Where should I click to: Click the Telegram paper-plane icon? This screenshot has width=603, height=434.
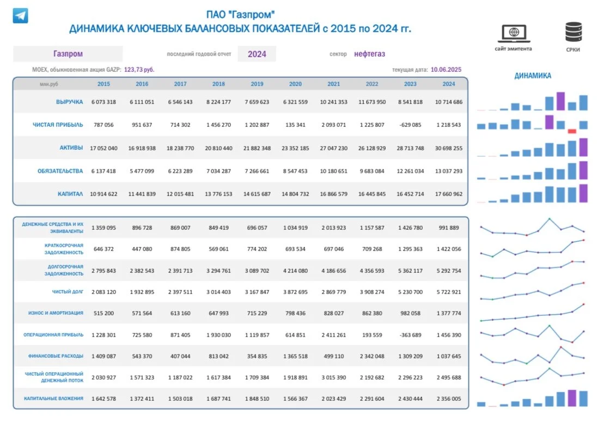[x=20, y=16]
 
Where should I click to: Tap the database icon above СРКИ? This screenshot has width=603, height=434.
[x=574, y=32]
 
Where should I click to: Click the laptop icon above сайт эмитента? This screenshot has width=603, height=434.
[x=514, y=33]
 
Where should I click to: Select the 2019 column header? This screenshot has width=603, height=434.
[x=257, y=84]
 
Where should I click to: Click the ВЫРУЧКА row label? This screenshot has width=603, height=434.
[x=69, y=102]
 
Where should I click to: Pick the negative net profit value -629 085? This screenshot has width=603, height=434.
[x=410, y=125]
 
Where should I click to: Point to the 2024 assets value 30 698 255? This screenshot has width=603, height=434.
[x=448, y=148]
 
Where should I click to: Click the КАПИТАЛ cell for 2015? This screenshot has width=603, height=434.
[x=103, y=194]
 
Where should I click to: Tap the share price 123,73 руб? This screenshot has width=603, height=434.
[x=139, y=70]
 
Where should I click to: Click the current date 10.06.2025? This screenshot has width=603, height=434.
[x=446, y=70]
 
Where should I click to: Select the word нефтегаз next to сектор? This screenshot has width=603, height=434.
[x=369, y=54]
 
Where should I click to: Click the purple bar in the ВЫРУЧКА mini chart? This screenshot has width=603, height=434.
[x=561, y=101]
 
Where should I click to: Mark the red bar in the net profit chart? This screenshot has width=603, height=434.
[x=572, y=131]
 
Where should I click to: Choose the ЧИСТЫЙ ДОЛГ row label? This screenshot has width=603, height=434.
[x=68, y=292]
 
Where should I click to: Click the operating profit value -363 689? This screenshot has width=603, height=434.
[x=410, y=335]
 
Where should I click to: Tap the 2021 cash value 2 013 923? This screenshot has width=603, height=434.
[x=333, y=228]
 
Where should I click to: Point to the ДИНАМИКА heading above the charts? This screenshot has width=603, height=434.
[x=533, y=76]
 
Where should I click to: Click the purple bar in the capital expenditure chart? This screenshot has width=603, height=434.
[x=572, y=398]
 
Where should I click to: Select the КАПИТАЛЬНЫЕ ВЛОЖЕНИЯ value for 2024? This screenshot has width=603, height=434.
[x=448, y=399]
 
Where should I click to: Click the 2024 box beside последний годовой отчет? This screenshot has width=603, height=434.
[x=257, y=54]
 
